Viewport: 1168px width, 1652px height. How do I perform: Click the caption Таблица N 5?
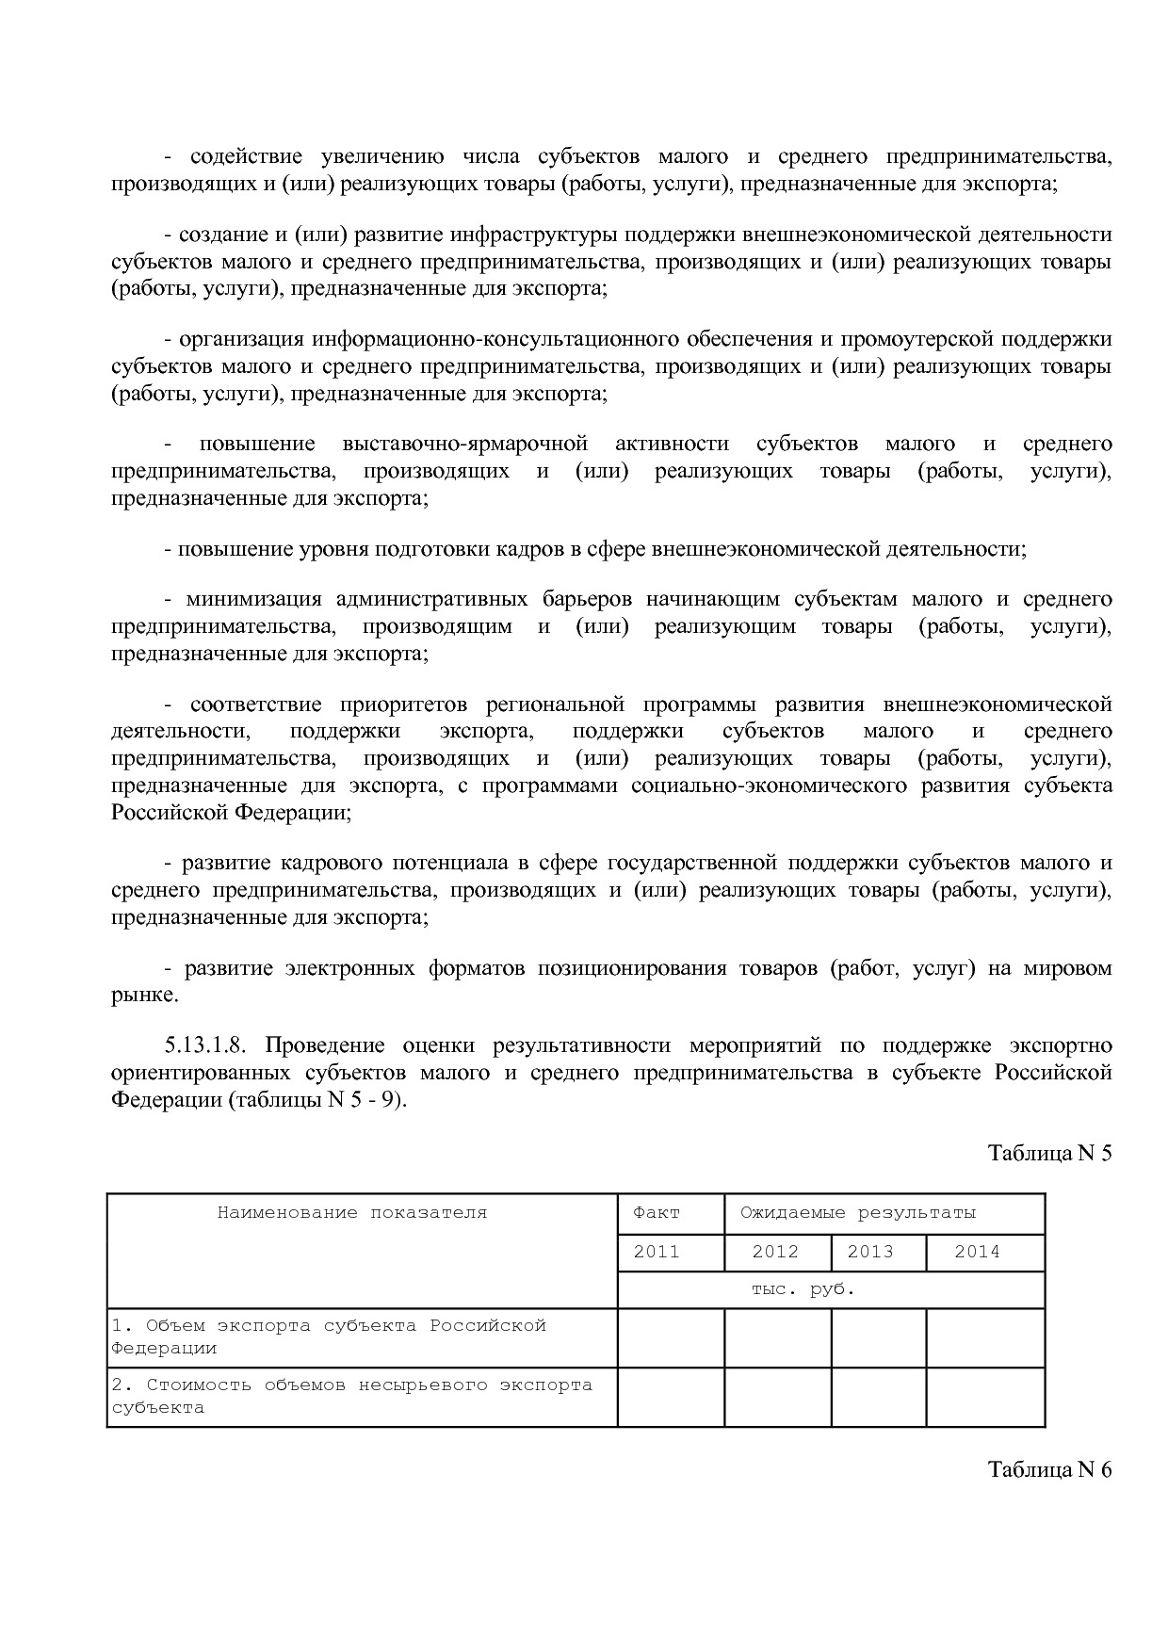[x=1049, y=1153]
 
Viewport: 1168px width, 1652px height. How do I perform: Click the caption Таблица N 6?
[x=1049, y=1469]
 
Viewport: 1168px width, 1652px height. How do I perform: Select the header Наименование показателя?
[x=352, y=1213]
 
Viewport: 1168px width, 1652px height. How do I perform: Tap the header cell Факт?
[x=657, y=1213]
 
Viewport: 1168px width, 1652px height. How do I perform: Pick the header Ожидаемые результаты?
[x=857, y=1213]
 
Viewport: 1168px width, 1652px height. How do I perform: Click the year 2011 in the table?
[x=657, y=1252]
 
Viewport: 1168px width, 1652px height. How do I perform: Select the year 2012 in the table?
[x=775, y=1252]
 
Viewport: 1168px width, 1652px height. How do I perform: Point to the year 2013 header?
[x=870, y=1252]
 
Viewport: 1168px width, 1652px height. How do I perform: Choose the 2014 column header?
[x=977, y=1252]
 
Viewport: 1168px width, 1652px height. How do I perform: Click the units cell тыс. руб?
[x=803, y=1289]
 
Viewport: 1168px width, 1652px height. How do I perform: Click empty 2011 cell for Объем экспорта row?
[x=671, y=1337]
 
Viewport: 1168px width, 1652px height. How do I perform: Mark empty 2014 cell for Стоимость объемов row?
[x=985, y=1397]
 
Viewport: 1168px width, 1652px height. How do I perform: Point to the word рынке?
[x=143, y=996]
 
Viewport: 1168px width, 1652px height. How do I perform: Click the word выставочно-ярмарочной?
[x=465, y=444]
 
